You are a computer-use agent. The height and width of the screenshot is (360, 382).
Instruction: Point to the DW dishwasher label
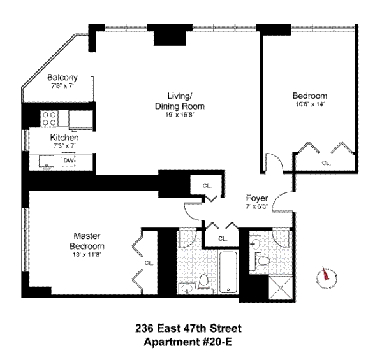(68, 161)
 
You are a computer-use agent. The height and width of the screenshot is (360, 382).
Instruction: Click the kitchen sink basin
(47, 161)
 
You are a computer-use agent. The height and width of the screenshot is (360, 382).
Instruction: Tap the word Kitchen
(64, 137)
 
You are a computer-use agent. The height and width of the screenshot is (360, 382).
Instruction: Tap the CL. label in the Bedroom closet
(326, 163)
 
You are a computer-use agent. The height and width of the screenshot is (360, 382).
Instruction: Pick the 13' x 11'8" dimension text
(87, 255)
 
